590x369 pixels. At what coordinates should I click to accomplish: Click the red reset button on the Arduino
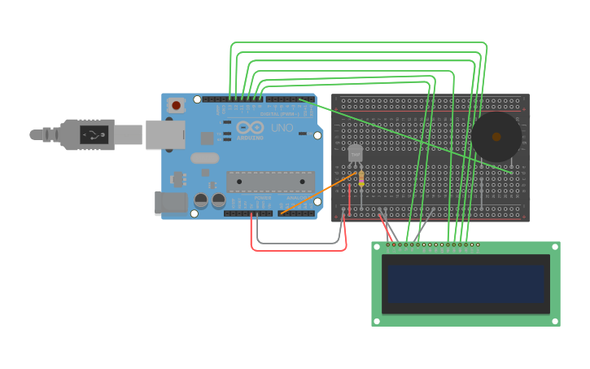[x=176, y=105]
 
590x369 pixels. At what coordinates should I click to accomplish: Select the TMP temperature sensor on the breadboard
[x=355, y=153]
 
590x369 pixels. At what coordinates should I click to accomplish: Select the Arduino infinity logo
[x=250, y=127]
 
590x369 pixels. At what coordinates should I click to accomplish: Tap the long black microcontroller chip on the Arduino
[x=270, y=182]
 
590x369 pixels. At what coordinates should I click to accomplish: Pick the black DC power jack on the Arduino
[x=170, y=203]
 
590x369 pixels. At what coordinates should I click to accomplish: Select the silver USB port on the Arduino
[x=164, y=134]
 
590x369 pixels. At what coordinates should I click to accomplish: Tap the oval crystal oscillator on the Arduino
[x=205, y=158]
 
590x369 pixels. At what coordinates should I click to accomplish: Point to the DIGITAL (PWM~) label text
[x=278, y=113]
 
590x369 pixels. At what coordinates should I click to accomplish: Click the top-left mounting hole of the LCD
[x=377, y=246]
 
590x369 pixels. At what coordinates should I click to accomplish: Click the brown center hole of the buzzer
[x=496, y=137]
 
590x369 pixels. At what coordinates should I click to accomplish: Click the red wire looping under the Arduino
[x=298, y=249]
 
